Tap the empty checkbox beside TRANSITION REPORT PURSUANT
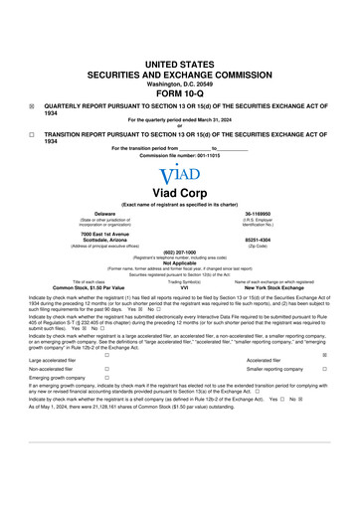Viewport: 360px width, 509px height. point(33,132)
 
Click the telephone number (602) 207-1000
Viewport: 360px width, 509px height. point(179,252)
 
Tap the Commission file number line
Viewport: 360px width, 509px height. point(179,155)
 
